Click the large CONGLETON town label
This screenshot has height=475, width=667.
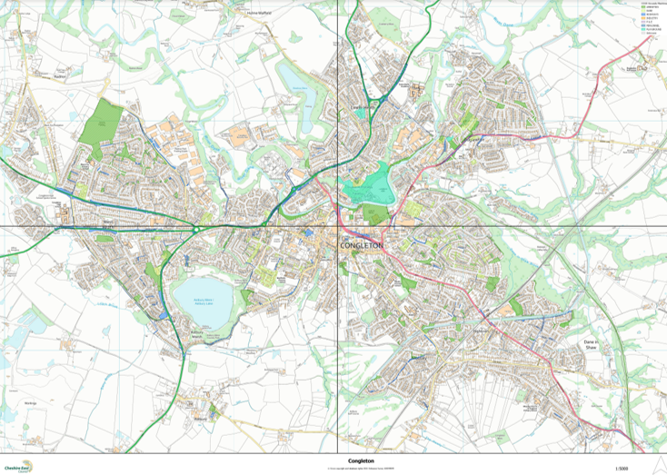363,246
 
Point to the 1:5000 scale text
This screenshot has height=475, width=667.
622,468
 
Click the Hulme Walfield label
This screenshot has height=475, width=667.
260,14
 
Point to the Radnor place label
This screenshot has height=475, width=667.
61,78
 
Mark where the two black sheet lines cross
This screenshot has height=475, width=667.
338,226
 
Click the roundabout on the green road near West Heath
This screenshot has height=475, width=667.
197,230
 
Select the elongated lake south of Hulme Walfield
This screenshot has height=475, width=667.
296,81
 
